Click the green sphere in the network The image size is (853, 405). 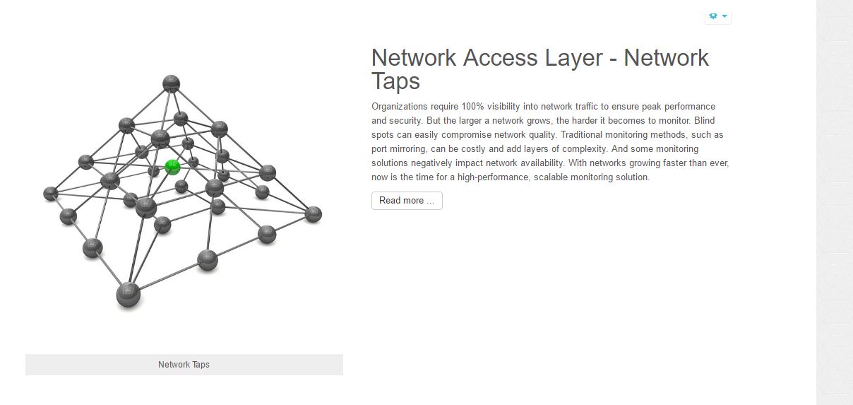tap(172, 168)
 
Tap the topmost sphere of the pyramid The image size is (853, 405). tap(171, 83)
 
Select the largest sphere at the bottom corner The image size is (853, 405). tap(129, 295)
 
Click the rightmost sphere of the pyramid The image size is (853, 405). tap(314, 214)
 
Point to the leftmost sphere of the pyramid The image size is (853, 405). tap(51, 194)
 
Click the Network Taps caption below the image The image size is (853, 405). tap(184, 365)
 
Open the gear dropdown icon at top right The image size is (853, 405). tap(718, 16)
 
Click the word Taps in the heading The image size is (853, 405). tap(395, 81)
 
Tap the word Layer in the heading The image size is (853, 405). tap(574, 58)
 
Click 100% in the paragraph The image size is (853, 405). tap(472, 106)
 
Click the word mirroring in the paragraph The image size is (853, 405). tap(406, 149)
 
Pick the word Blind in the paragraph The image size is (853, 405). tap(704, 120)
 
